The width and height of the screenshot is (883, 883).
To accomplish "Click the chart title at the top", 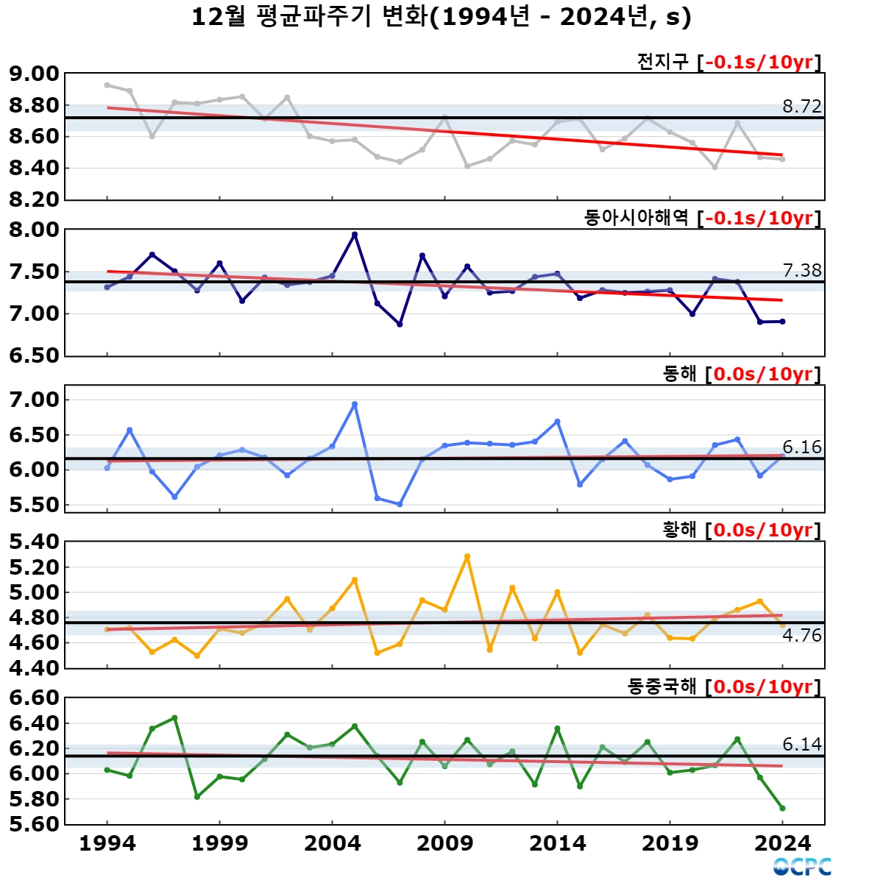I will coord(441,17).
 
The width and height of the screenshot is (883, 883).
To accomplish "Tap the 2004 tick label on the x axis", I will coord(333,843).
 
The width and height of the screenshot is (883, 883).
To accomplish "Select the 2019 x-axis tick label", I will coord(670,843).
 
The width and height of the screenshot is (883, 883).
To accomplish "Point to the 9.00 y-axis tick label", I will coord(34,74).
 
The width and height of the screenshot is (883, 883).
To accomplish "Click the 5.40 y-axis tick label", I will coord(34,542).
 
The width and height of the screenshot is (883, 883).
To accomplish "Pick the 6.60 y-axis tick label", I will coord(34,698).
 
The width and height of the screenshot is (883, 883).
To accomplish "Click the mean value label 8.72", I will coord(801,107).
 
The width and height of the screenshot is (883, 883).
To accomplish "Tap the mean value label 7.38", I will coord(801,271).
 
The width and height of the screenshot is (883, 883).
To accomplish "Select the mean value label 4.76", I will coord(801,636).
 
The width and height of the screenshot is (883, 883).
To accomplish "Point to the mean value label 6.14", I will coord(801,745).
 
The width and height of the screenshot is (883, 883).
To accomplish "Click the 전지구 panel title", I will coord(662,62).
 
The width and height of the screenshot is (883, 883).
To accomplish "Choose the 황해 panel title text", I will coord(679,530).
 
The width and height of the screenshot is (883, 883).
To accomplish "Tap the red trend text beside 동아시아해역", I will coord(762,218).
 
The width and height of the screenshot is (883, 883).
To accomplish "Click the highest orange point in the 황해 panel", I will coord(467,557).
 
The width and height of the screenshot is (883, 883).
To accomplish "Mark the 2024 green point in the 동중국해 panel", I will coord(782,808).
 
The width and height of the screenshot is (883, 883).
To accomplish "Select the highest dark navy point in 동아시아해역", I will coord(355,235).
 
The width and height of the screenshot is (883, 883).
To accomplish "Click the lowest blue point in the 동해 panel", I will coord(400,504).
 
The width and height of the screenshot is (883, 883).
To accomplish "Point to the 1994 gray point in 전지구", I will coord(107,85).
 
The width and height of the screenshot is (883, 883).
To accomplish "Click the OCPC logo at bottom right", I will coord(802,867).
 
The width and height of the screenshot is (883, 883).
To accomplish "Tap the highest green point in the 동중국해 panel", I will coord(174,717).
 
